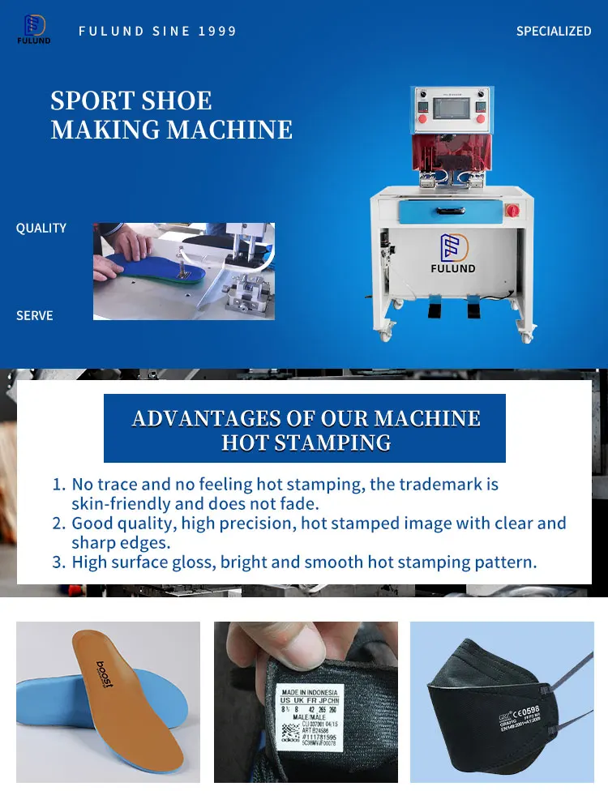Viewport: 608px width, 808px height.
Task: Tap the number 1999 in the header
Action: point(217,32)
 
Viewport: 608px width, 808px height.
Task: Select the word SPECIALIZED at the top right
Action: point(554,31)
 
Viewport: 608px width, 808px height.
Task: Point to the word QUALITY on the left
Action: point(41,229)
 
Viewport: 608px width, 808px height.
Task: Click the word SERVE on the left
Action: point(35,315)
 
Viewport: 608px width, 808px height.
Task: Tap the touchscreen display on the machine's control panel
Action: point(450,110)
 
